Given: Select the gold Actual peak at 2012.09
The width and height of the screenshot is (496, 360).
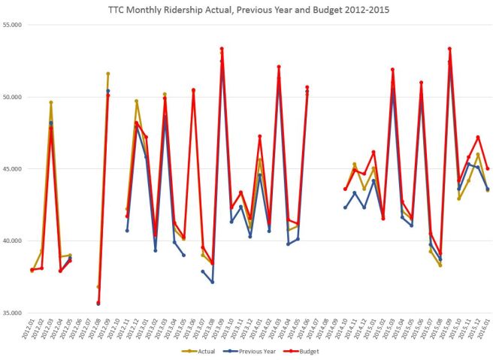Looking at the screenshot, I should point(108,74).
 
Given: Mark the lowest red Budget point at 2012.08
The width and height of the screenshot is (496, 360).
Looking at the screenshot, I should point(98,303).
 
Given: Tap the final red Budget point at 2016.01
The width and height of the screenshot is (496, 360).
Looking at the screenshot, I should point(488,168).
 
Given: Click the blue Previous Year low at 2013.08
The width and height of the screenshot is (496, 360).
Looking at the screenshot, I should point(212,282).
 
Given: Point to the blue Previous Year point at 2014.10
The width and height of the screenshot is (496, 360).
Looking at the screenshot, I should point(345,207).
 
